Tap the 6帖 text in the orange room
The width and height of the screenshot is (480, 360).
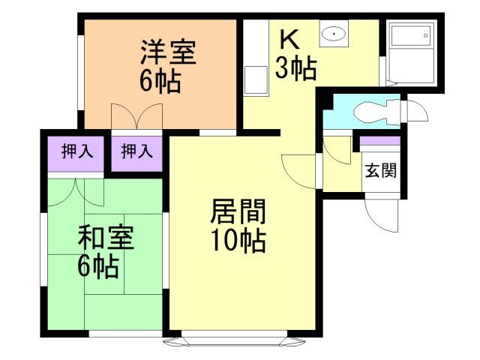point(160,81)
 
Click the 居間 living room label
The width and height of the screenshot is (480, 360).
point(237,213)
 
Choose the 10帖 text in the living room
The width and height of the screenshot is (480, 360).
point(237,241)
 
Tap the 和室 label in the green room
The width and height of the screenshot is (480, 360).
point(106,238)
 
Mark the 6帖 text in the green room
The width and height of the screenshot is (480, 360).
point(98,266)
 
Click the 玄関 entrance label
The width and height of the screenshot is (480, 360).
point(380,169)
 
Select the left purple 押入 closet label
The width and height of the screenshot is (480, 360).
point(76,151)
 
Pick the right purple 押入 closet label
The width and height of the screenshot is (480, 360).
point(136,151)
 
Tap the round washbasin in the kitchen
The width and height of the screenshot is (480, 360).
point(331,34)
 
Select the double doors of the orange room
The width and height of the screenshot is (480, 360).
point(136,117)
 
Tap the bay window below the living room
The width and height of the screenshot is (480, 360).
point(240,340)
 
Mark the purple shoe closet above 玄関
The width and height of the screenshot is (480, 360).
point(380,140)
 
